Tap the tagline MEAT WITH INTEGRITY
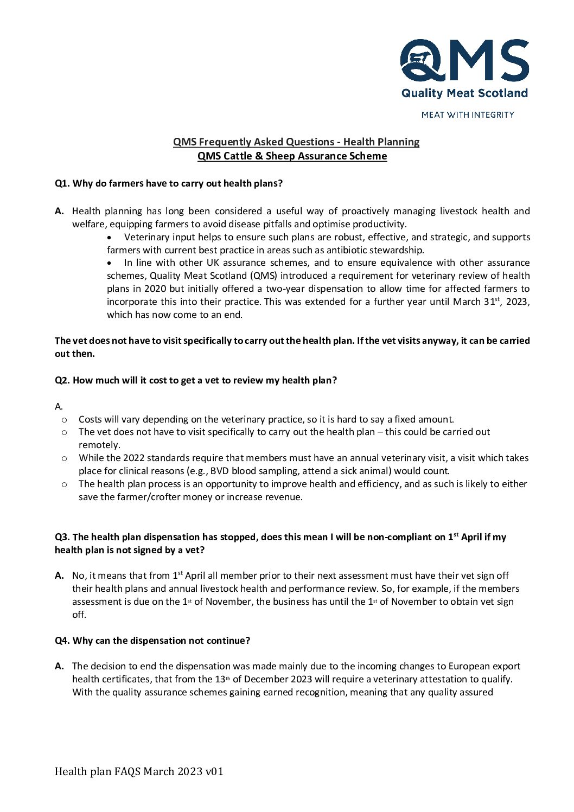pyautogui.click(x=468, y=115)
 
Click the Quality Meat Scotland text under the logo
pyautogui.click(x=464, y=93)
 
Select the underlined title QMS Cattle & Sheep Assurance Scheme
pyautogui.click(x=292, y=156)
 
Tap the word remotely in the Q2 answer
pyautogui.click(x=99, y=445)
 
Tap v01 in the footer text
pyautogui.click(x=214, y=771)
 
